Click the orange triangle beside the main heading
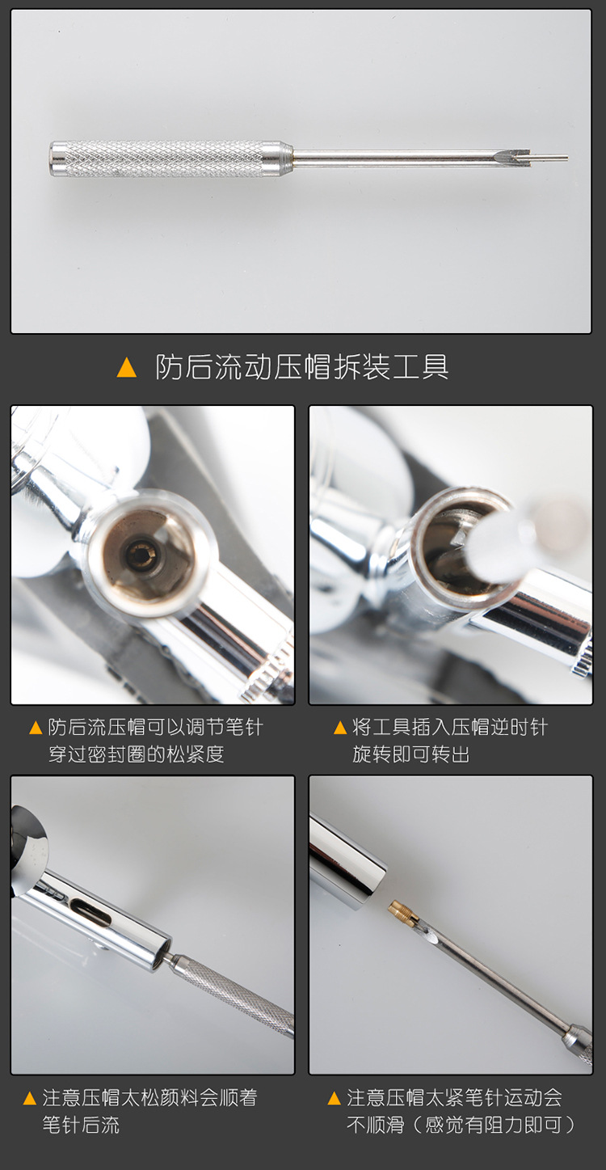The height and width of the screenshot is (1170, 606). [x=127, y=368]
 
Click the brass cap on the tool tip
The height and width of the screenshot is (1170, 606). [x=402, y=912]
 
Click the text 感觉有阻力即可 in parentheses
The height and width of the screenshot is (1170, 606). [x=494, y=1125]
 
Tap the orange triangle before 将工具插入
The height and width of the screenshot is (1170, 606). [x=339, y=728]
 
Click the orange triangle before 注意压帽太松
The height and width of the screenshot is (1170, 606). [x=30, y=1098]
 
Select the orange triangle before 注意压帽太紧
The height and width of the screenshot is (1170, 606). [x=335, y=1098]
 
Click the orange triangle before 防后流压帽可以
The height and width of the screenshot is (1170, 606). [x=36, y=728]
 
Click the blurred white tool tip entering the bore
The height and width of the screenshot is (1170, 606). [x=501, y=542]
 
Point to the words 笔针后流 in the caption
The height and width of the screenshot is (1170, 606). [x=81, y=1125]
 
